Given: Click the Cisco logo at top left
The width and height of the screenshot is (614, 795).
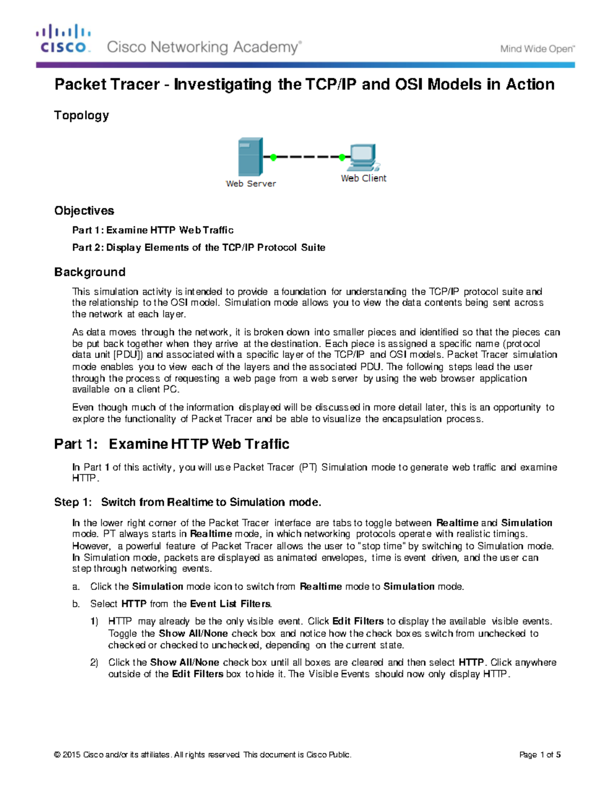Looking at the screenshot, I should point(63,39).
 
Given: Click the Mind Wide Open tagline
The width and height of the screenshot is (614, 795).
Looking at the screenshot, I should point(537,49).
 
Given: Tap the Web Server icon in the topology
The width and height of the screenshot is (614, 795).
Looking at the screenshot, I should point(250,157).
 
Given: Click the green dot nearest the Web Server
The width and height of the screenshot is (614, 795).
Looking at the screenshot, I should point(273,157).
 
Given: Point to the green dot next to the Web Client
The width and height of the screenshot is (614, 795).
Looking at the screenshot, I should point(342,157).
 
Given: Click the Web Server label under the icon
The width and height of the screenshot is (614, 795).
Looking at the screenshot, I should point(251,184).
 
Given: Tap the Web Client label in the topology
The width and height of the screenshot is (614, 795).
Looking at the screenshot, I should point(363,178).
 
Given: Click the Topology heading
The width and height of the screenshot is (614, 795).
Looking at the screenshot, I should point(81,115).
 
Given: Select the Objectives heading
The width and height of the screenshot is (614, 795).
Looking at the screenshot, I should point(84,210).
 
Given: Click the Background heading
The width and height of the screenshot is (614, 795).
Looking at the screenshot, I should point(90,272).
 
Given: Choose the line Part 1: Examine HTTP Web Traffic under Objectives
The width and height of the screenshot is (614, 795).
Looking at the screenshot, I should point(152,230).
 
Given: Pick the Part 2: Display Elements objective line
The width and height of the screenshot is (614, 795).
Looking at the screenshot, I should point(199,247).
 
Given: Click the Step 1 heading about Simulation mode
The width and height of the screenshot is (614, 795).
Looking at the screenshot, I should point(187,502).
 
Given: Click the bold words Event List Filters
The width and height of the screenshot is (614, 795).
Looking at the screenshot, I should point(230,604).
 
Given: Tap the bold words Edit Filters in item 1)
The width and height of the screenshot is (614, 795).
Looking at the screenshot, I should point(358,621).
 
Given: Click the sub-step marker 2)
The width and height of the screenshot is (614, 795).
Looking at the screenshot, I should point(94,662).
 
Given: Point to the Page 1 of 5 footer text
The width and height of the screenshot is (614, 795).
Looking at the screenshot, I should point(540,755).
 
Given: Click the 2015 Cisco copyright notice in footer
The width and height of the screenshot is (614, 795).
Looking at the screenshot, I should point(203,755).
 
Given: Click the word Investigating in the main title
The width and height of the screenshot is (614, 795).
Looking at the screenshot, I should point(223,84).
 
